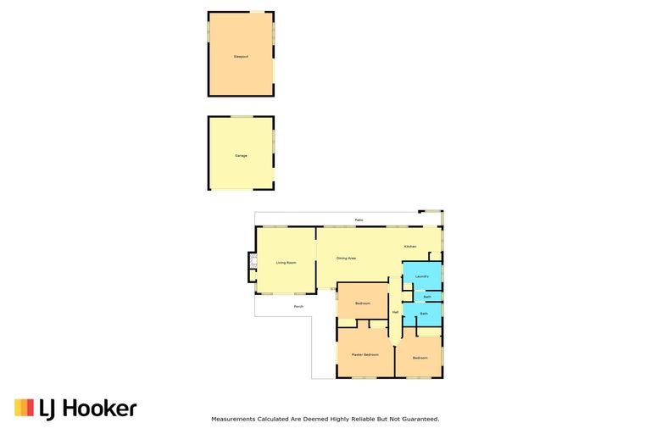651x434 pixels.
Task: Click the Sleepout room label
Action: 241,57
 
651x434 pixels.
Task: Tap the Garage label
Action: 241,156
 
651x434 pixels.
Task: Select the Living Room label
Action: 286,263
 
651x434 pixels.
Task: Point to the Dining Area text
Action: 346,258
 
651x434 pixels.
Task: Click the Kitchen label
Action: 410,246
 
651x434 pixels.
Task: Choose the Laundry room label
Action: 422,275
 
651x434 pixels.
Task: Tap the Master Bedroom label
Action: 365,353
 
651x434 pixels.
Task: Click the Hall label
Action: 395,312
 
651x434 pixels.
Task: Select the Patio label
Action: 359,220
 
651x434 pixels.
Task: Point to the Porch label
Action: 298,306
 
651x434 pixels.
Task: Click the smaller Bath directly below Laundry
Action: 426,297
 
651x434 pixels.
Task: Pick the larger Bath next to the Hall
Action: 423,314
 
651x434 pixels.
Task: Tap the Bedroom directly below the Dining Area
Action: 363,303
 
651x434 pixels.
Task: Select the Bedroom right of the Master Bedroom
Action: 420,358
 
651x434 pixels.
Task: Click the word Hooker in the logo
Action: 98,409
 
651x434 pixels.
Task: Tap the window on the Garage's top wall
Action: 241,117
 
